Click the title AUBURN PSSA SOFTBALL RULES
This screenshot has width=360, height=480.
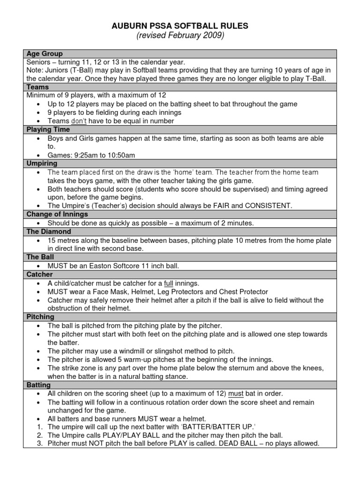[x=180, y=26]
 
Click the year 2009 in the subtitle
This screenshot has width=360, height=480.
[x=214, y=36]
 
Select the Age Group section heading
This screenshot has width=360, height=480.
[x=45, y=54]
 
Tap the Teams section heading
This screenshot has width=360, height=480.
[x=38, y=87]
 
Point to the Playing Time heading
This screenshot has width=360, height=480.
[x=48, y=129]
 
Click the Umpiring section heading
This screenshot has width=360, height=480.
[x=42, y=164]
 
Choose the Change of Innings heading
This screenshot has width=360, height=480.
[x=57, y=215]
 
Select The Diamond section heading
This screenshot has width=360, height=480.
[x=49, y=232]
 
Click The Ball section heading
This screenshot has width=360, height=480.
[x=40, y=257]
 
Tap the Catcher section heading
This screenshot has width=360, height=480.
[x=40, y=274]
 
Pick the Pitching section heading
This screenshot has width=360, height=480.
[x=40, y=317]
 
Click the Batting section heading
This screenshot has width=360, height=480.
[x=39, y=385]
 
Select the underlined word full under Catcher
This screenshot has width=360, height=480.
[x=169, y=283]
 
